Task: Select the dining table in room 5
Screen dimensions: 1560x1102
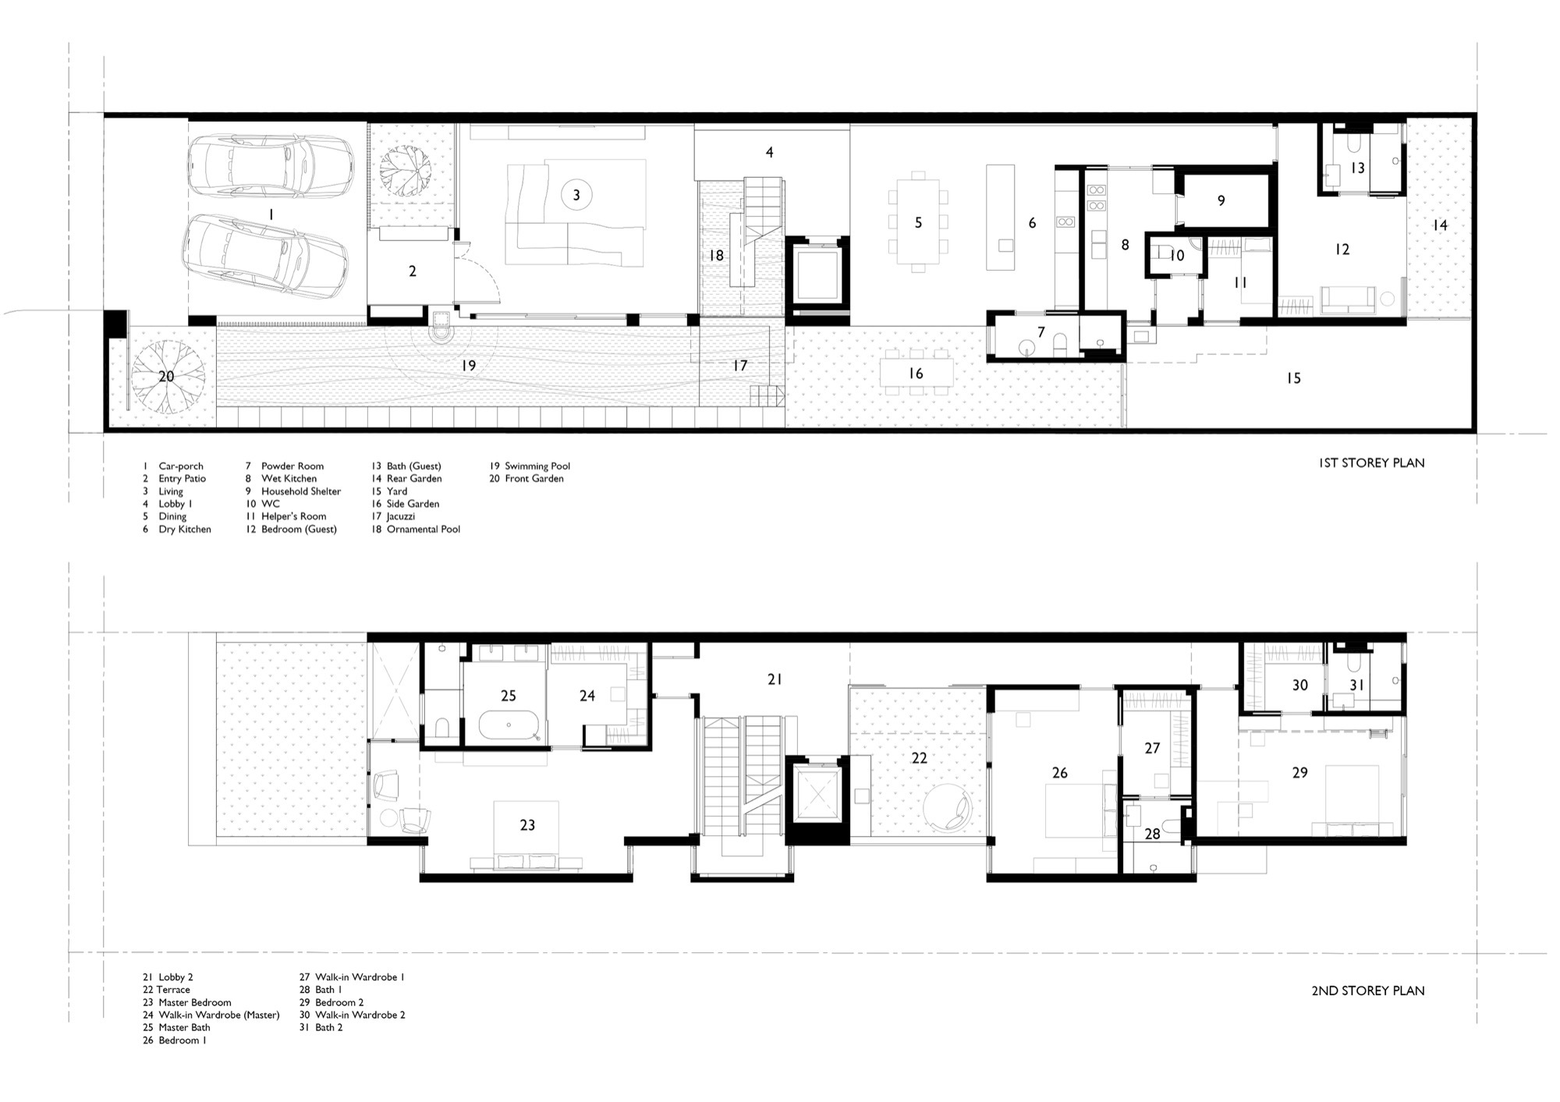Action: coord(918,222)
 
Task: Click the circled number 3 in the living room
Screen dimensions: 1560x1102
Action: coord(576,195)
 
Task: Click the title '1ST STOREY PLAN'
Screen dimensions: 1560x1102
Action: coord(1371,462)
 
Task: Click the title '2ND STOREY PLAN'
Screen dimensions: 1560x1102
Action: coord(1368,990)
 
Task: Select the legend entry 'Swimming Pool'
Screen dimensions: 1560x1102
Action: coord(537,466)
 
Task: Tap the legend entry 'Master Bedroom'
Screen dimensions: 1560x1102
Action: coord(195,1002)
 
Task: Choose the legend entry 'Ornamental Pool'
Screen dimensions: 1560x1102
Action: coord(424,529)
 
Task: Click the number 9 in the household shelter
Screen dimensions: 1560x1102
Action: coord(1221,200)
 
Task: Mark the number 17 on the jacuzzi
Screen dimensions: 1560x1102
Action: coord(740,365)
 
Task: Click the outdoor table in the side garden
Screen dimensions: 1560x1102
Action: coord(916,372)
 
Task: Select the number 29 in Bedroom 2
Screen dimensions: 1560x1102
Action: coord(1299,772)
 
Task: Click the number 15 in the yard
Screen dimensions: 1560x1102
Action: coord(1293,378)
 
